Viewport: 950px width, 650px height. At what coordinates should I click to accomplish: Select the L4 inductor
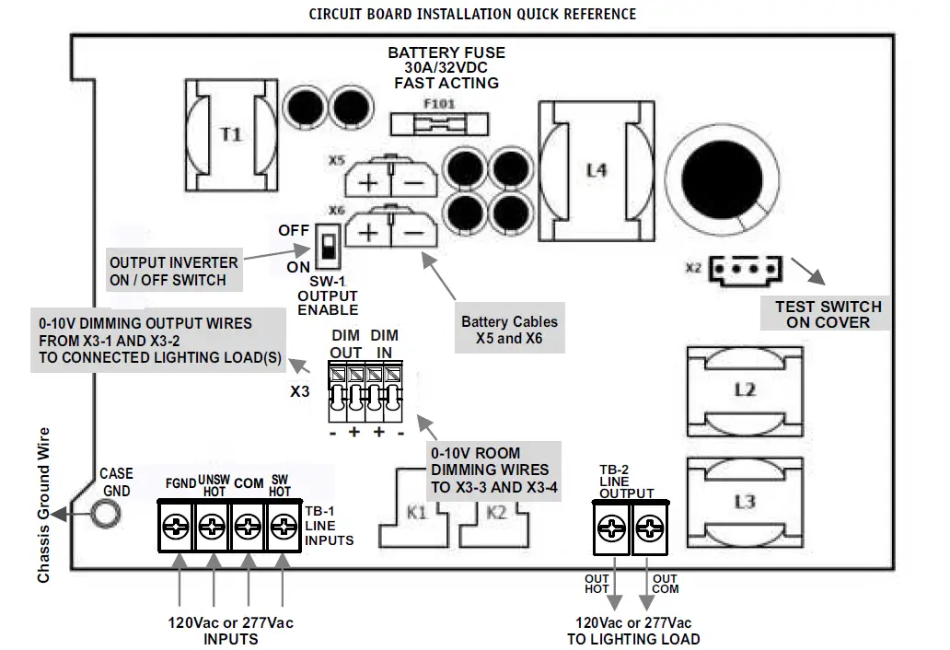[596, 170]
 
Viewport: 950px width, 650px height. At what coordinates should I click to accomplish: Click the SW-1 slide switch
[325, 245]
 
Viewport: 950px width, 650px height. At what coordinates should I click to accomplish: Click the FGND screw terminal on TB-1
[176, 528]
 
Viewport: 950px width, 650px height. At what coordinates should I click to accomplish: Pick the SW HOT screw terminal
[282, 528]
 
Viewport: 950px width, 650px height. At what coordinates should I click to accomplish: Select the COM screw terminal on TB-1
[247, 528]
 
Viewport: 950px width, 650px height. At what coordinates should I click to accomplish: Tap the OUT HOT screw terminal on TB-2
[612, 528]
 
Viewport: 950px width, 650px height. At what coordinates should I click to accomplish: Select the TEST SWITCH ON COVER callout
[828, 314]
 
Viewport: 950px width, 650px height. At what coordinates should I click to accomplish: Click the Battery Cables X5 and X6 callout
[509, 330]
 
